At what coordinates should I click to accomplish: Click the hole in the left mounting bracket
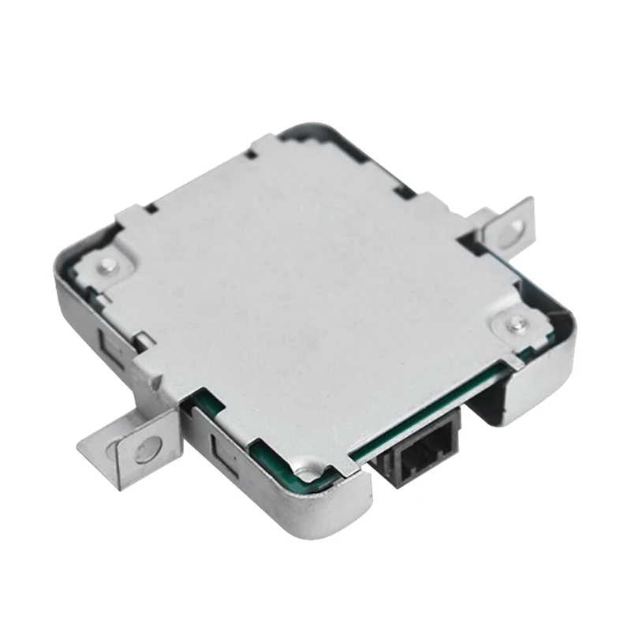point(147,450)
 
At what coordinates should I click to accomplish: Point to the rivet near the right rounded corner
point(516,322)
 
